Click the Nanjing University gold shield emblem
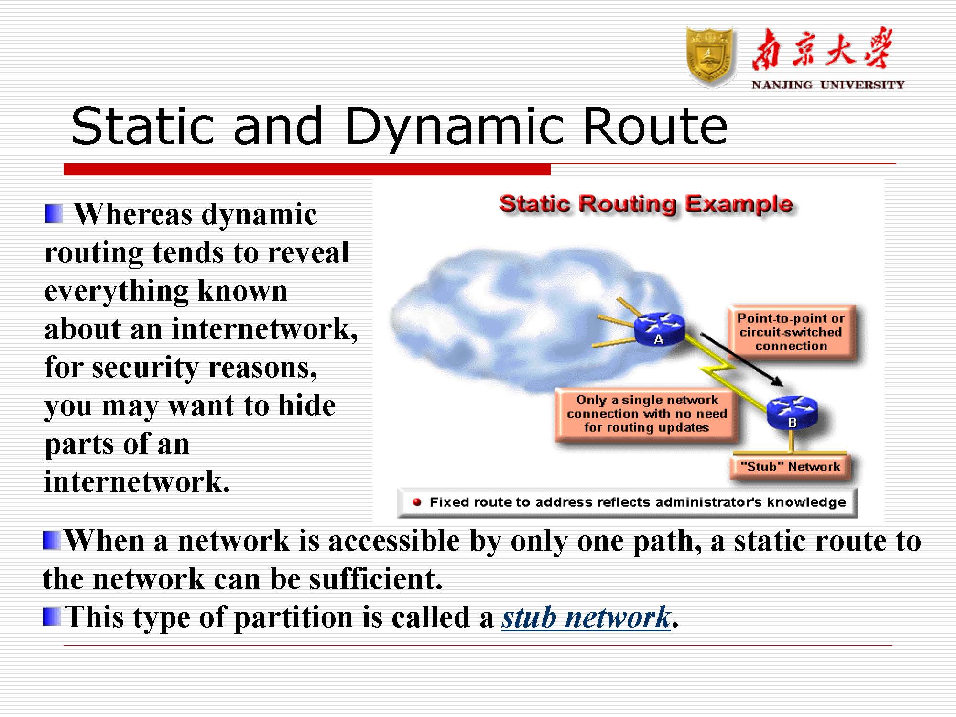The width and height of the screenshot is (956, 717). point(710,57)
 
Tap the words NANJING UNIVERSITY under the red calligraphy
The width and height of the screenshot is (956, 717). point(828,85)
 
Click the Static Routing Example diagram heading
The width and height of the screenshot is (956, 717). point(646,205)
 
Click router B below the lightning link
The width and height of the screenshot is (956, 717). point(792,413)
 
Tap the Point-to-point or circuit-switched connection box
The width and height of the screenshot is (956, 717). point(791,332)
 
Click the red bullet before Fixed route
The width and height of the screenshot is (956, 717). point(417,502)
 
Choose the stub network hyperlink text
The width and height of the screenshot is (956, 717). point(586,617)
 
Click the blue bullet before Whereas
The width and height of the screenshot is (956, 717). point(54,214)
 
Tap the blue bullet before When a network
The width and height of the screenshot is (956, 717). point(52,541)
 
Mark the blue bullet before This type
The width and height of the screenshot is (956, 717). point(52,617)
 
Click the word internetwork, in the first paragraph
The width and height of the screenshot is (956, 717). point(264,329)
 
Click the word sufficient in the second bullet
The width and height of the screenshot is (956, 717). point(375,579)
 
